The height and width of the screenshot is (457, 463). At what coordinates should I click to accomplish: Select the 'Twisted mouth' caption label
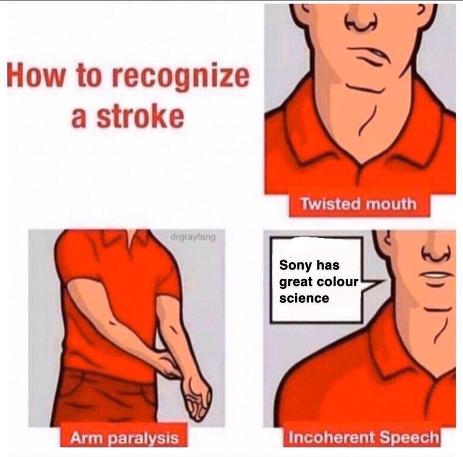[358, 204]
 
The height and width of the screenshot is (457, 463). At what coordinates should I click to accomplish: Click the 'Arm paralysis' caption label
[124, 437]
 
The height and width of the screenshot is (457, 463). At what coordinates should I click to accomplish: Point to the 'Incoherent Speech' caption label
[363, 437]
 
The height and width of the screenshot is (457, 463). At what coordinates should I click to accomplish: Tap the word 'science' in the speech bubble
[304, 298]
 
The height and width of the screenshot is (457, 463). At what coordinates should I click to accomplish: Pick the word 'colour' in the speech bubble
[337, 282]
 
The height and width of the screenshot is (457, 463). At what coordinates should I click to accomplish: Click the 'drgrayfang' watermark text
[193, 237]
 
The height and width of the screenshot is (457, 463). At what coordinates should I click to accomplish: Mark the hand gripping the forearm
[167, 364]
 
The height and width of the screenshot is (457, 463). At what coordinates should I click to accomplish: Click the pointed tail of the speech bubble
[379, 281]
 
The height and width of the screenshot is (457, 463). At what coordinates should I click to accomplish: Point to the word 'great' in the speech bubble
[296, 283]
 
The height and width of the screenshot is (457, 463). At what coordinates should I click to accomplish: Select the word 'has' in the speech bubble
[328, 265]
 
